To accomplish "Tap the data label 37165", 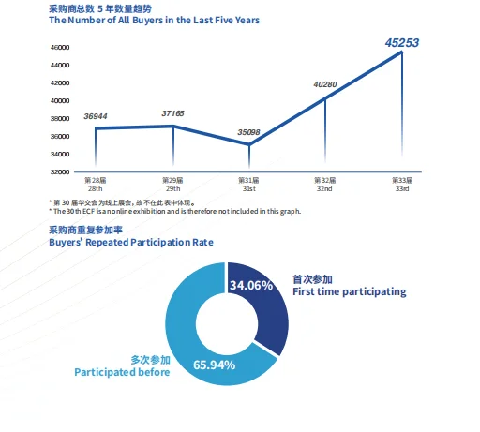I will click(x=172, y=113).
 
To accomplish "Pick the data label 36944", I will click(x=96, y=116).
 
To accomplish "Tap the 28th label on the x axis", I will click(x=95, y=187).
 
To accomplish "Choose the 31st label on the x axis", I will click(x=247, y=187).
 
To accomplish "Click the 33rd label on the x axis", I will click(x=401, y=187).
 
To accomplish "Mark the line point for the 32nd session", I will click(x=325, y=97).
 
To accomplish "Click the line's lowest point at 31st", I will click(x=248, y=144).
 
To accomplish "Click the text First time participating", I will click(x=348, y=292).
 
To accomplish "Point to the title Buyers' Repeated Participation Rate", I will click(x=130, y=242).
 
